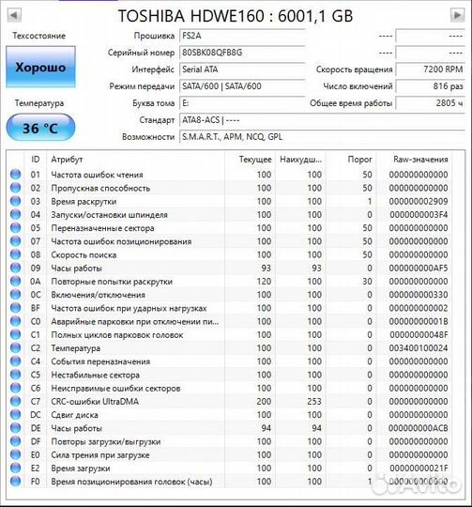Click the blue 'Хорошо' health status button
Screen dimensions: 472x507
(39, 68)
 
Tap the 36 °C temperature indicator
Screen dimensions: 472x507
(39, 128)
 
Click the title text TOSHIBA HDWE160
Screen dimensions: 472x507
(236, 16)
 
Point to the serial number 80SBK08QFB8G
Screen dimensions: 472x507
(212, 53)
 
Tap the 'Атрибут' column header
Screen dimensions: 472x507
(67, 160)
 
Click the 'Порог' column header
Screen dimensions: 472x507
(360, 160)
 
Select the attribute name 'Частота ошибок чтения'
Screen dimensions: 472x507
(98, 175)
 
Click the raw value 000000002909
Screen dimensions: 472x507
(419, 201)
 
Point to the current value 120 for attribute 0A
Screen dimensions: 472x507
(264, 281)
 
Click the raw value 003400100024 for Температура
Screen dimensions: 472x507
(419, 347)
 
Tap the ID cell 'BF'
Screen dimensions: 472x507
(36, 308)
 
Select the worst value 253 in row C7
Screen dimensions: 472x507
(312, 401)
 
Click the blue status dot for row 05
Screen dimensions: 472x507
(14, 228)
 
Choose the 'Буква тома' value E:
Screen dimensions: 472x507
(185, 102)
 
